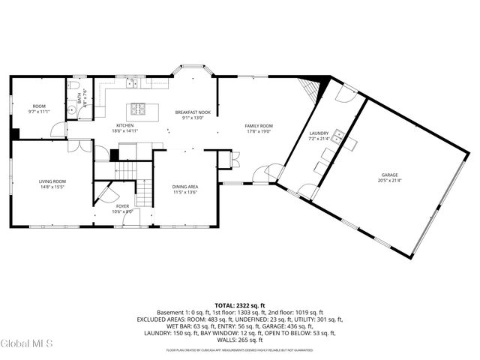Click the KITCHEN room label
tap(124, 125)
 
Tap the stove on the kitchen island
tap(137, 109)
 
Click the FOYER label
tap(122, 205)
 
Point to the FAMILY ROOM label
tap(259, 125)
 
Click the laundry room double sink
tap(339, 136)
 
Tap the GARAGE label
tap(389, 174)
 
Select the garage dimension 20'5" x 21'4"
tap(389, 180)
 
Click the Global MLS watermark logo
tap(26, 344)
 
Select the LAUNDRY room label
tap(319, 133)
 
